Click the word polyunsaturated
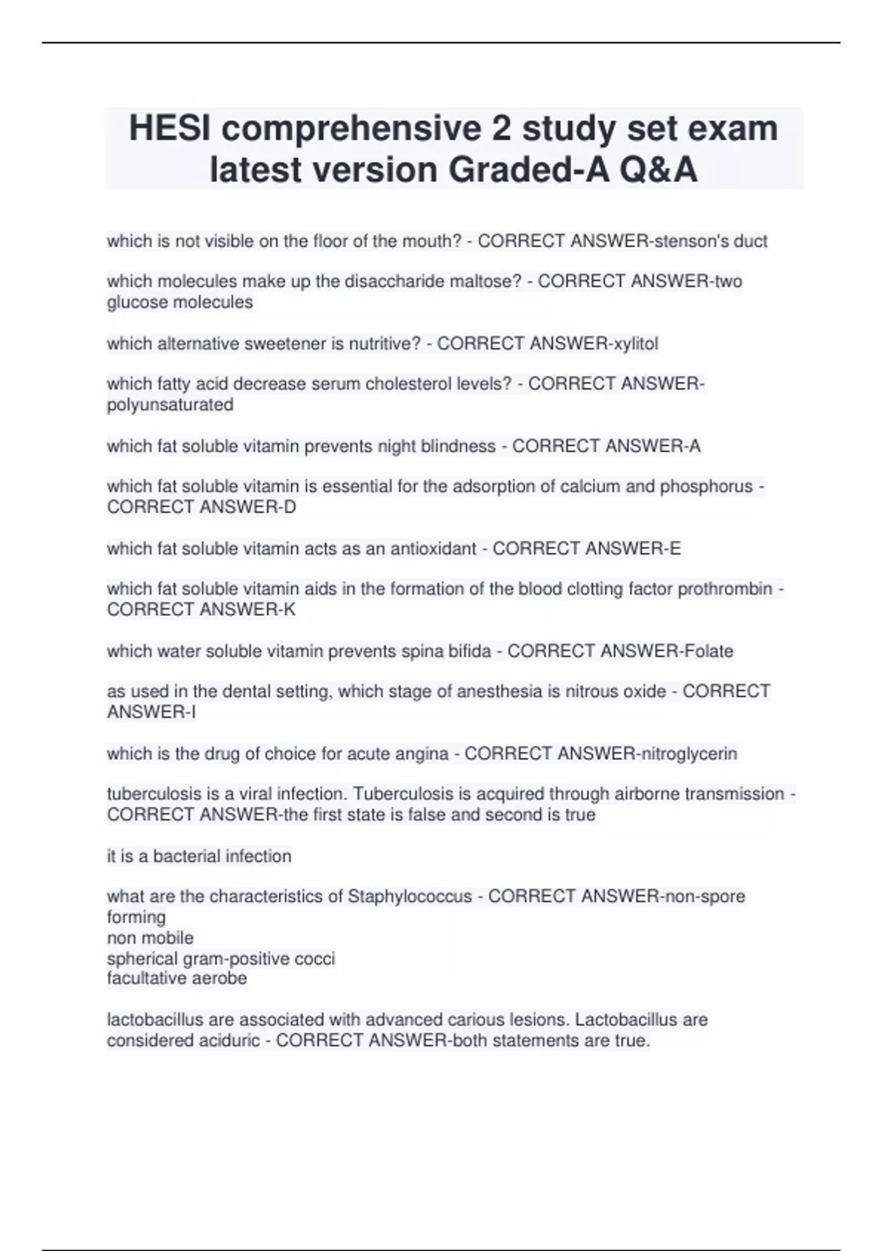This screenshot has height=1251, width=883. coord(170,405)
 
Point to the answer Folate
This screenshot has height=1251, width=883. coord(709,651)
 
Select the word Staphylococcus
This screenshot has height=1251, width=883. coord(410,896)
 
